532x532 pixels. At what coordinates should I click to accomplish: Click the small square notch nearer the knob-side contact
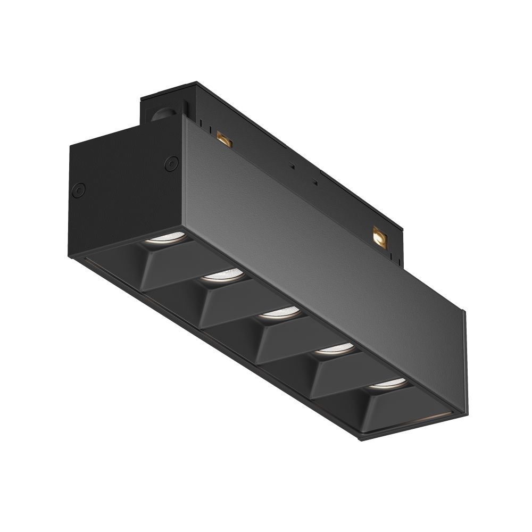[291, 165]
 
